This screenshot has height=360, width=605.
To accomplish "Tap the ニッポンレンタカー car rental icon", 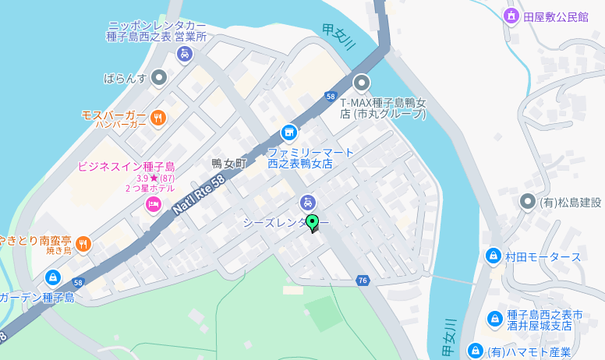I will [x=185, y=54].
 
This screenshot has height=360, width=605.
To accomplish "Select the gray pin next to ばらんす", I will [x=159, y=77].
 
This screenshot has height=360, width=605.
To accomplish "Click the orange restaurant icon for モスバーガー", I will [x=158, y=118].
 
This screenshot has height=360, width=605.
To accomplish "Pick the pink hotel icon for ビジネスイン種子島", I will [x=154, y=204].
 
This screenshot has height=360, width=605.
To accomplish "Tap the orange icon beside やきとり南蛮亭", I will [x=83, y=244].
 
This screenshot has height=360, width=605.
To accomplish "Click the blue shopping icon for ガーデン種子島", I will [x=53, y=277].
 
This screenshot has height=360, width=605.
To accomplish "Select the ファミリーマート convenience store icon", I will [x=289, y=132].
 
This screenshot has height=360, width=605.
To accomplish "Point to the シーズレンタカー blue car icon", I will [x=308, y=202].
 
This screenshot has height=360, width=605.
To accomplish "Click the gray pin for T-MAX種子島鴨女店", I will [x=361, y=83].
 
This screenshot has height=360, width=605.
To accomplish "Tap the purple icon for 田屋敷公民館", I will [x=511, y=16].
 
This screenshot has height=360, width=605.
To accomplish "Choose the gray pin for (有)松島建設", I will [x=528, y=202].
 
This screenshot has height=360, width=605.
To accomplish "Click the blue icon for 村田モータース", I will [x=493, y=256].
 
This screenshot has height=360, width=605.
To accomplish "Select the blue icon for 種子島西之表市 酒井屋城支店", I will [x=494, y=319].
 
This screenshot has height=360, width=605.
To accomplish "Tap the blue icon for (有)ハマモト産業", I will [x=476, y=351].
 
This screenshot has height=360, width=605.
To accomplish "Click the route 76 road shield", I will [x=363, y=281].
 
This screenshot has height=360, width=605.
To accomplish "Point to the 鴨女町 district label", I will [x=228, y=164].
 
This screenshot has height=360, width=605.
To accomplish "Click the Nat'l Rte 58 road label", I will [x=199, y=195].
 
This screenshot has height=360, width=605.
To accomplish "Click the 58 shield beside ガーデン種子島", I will [x=77, y=283].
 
